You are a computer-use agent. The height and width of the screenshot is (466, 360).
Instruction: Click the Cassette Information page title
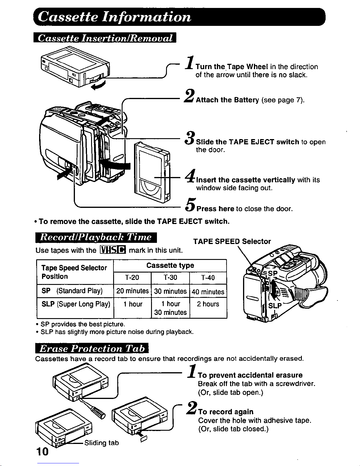tap(115, 17)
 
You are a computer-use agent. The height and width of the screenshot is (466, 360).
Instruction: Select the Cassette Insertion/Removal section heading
tap(104, 38)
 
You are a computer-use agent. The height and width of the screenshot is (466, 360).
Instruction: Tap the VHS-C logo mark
tap(113, 250)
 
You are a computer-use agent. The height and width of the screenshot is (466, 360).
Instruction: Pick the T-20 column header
tap(132, 278)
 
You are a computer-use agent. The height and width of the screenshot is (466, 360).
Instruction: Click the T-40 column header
tap(208, 278)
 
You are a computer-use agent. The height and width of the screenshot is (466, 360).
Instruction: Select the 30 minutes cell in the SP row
tap(170, 291)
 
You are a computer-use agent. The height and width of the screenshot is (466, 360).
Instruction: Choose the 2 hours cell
tap(208, 304)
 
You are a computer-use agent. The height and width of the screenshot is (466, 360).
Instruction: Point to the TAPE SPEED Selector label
tap(232, 241)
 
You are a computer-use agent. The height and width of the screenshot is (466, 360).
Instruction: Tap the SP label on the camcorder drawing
tap(273, 274)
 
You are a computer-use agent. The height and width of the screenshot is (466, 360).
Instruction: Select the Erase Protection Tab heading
tap(92, 349)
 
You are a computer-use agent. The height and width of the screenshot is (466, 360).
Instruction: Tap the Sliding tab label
tap(101, 442)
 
